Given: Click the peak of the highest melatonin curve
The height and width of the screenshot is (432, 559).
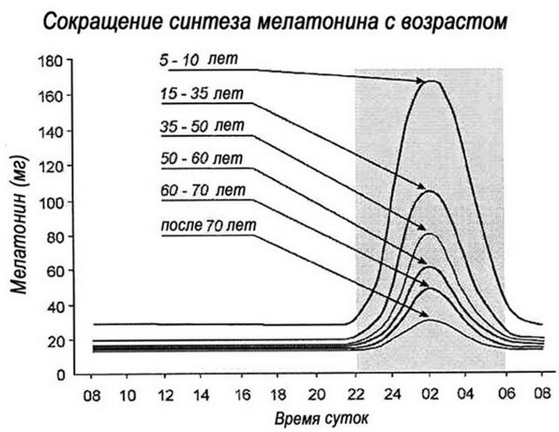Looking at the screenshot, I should (430, 80).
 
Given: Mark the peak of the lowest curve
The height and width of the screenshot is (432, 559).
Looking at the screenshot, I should (430, 321).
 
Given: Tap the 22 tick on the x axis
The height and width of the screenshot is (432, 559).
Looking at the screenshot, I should (355, 394).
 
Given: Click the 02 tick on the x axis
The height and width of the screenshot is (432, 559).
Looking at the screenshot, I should (429, 394).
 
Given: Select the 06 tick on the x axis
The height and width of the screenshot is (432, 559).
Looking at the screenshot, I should (504, 394).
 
